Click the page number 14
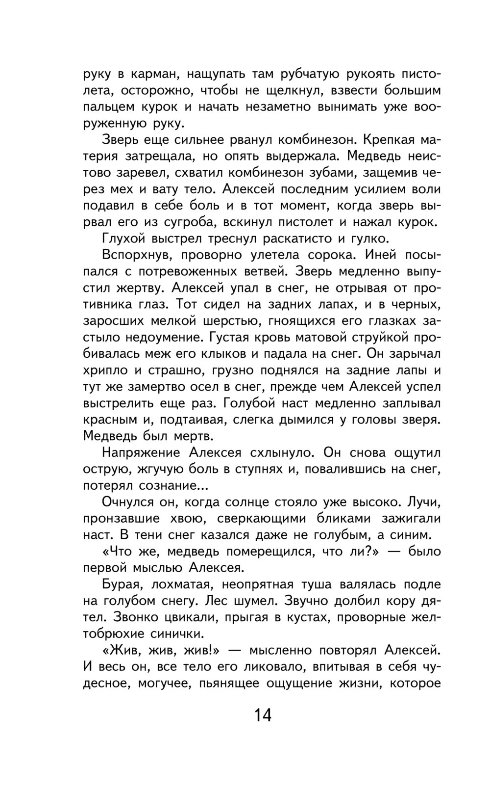pos(263,715)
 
